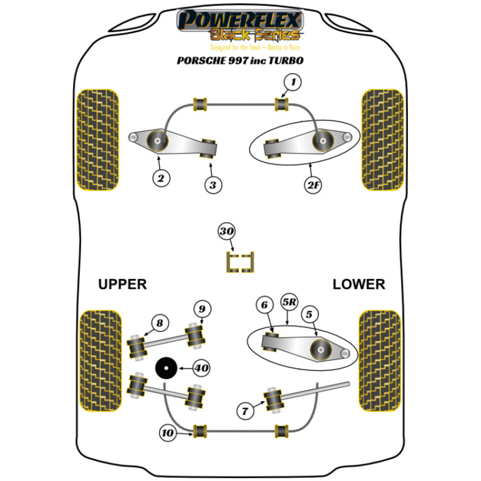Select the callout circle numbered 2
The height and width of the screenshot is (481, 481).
161,178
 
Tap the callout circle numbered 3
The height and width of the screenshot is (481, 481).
213,184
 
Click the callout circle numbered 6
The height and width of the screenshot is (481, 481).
264,305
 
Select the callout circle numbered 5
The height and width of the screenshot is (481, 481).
308,315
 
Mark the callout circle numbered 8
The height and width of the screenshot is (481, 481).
159,323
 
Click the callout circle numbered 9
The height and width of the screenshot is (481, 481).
203,308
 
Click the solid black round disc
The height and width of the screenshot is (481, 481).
165,369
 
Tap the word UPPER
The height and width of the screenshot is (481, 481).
122,284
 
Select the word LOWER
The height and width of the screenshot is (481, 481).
359,284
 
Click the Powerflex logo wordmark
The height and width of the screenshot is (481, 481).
240,21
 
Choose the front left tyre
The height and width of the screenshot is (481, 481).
98,139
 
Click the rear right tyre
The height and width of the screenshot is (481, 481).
379,361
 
